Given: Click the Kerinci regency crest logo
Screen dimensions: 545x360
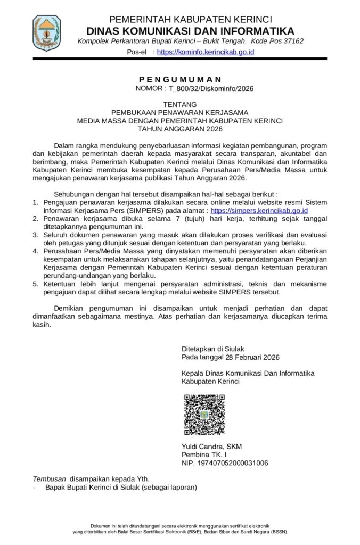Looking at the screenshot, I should (x=46, y=33).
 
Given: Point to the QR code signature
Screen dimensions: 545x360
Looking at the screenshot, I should (x=204, y=415).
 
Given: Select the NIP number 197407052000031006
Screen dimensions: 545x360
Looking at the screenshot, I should (x=234, y=463).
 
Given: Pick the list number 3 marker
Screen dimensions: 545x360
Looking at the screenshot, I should (x=35, y=235).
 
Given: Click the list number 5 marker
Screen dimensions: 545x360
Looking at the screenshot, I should (x=35, y=284).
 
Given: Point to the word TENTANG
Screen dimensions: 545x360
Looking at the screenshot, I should (x=179, y=104).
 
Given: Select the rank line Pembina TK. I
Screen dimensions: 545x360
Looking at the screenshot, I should (x=204, y=455).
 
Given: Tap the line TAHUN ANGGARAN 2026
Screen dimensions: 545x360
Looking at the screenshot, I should (x=179, y=129).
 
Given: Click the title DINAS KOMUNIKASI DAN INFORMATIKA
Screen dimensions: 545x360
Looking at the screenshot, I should (x=190, y=30).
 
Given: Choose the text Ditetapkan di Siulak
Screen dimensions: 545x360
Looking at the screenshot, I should (x=212, y=349).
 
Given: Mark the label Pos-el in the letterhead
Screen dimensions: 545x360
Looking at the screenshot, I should (x=136, y=52).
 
